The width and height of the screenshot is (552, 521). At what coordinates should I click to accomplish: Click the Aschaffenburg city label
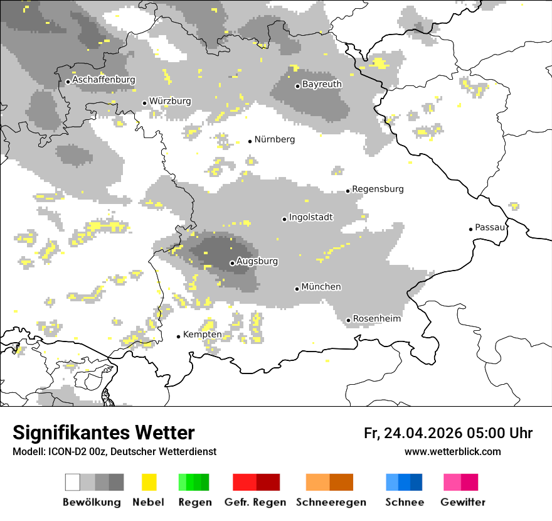tap(103, 80)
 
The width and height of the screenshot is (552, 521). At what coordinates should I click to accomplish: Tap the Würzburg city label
tap(170, 102)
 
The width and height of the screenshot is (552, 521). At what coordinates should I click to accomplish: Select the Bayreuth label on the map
tap(322, 84)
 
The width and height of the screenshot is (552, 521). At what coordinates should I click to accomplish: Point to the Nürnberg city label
tap(274, 139)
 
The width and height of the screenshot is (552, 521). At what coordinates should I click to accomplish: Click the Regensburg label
tap(378, 189)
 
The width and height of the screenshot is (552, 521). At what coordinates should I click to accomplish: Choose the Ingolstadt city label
tap(310, 218)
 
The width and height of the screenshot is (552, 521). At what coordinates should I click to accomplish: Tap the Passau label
tap(490, 227)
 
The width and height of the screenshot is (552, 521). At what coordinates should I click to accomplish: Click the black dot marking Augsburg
tap(232, 263)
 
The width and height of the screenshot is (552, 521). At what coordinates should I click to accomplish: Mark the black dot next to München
tap(297, 289)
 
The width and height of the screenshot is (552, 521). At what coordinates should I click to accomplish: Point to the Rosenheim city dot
tap(349, 320)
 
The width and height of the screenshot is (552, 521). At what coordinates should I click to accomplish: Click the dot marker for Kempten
tap(178, 336)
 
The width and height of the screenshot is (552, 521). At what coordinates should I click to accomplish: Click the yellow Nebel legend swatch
tap(149, 482)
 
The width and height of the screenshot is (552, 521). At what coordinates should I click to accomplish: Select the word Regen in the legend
tap(194, 502)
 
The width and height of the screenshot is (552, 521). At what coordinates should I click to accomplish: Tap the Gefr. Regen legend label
tap(255, 502)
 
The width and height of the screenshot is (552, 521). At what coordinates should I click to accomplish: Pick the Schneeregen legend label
tap(331, 502)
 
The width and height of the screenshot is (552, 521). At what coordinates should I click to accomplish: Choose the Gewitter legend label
tap(462, 502)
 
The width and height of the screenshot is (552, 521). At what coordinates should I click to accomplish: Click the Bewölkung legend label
tap(92, 502)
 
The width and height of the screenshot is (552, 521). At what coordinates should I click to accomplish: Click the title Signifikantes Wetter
tap(103, 433)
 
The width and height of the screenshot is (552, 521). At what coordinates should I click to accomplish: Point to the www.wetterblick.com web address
tap(452, 452)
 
